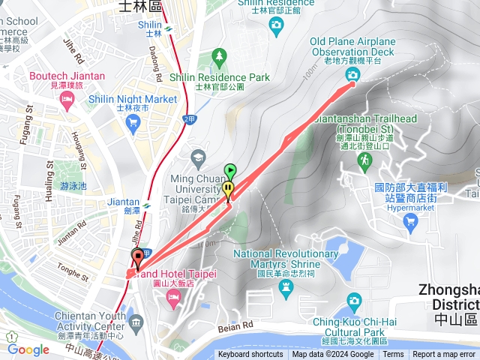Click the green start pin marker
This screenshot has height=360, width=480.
pyautogui.click(x=230, y=171)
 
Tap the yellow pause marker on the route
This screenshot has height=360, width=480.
pyautogui.click(x=228, y=187)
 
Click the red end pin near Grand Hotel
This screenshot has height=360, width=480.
pyautogui.click(x=137, y=258)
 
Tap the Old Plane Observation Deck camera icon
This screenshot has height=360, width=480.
pyautogui.click(x=352, y=75)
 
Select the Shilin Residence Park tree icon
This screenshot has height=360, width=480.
pyautogui.click(x=219, y=55)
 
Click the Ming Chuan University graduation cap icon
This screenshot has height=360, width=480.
pyautogui.click(x=198, y=156)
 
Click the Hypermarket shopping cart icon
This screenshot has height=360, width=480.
pyautogui.click(x=409, y=221)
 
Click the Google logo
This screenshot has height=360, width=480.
pyautogui.click(x=28, y=349)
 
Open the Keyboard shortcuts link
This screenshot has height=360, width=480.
pyautogui.click(x=250, y=355)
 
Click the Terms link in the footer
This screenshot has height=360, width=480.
pyautogui.click(x=393, y=355)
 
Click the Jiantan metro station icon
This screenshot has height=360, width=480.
pyautogui.click(x=148, y=202)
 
